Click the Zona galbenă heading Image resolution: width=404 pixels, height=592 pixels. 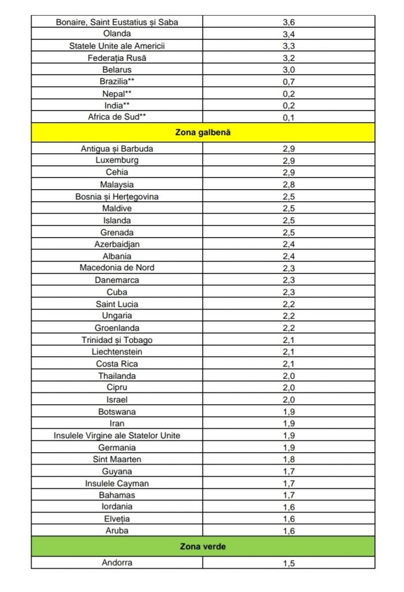202,132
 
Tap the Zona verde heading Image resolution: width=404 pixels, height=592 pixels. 202,545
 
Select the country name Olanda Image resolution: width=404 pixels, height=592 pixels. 117,34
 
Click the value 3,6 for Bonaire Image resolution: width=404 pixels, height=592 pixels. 289,22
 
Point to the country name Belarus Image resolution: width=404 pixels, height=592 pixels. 117,69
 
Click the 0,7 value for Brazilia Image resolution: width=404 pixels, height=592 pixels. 289,82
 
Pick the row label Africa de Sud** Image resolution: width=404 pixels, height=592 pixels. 117,117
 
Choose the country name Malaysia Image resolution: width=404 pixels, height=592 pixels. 117,184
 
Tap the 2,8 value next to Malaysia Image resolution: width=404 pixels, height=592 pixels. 289,184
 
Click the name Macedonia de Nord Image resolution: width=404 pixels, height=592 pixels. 117,268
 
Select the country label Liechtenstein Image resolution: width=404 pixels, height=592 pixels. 117,351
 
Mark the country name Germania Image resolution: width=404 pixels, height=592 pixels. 117,447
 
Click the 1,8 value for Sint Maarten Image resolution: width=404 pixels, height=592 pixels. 289,460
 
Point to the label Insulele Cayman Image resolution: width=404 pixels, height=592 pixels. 117,483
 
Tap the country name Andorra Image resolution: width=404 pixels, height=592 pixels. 117,562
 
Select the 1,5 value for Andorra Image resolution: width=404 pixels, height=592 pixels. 289,563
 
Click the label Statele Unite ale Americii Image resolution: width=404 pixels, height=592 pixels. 117,46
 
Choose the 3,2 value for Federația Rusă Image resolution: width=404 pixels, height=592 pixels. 289,58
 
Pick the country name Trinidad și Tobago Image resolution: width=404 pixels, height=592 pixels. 117,340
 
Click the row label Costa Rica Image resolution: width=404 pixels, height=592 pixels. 117,364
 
